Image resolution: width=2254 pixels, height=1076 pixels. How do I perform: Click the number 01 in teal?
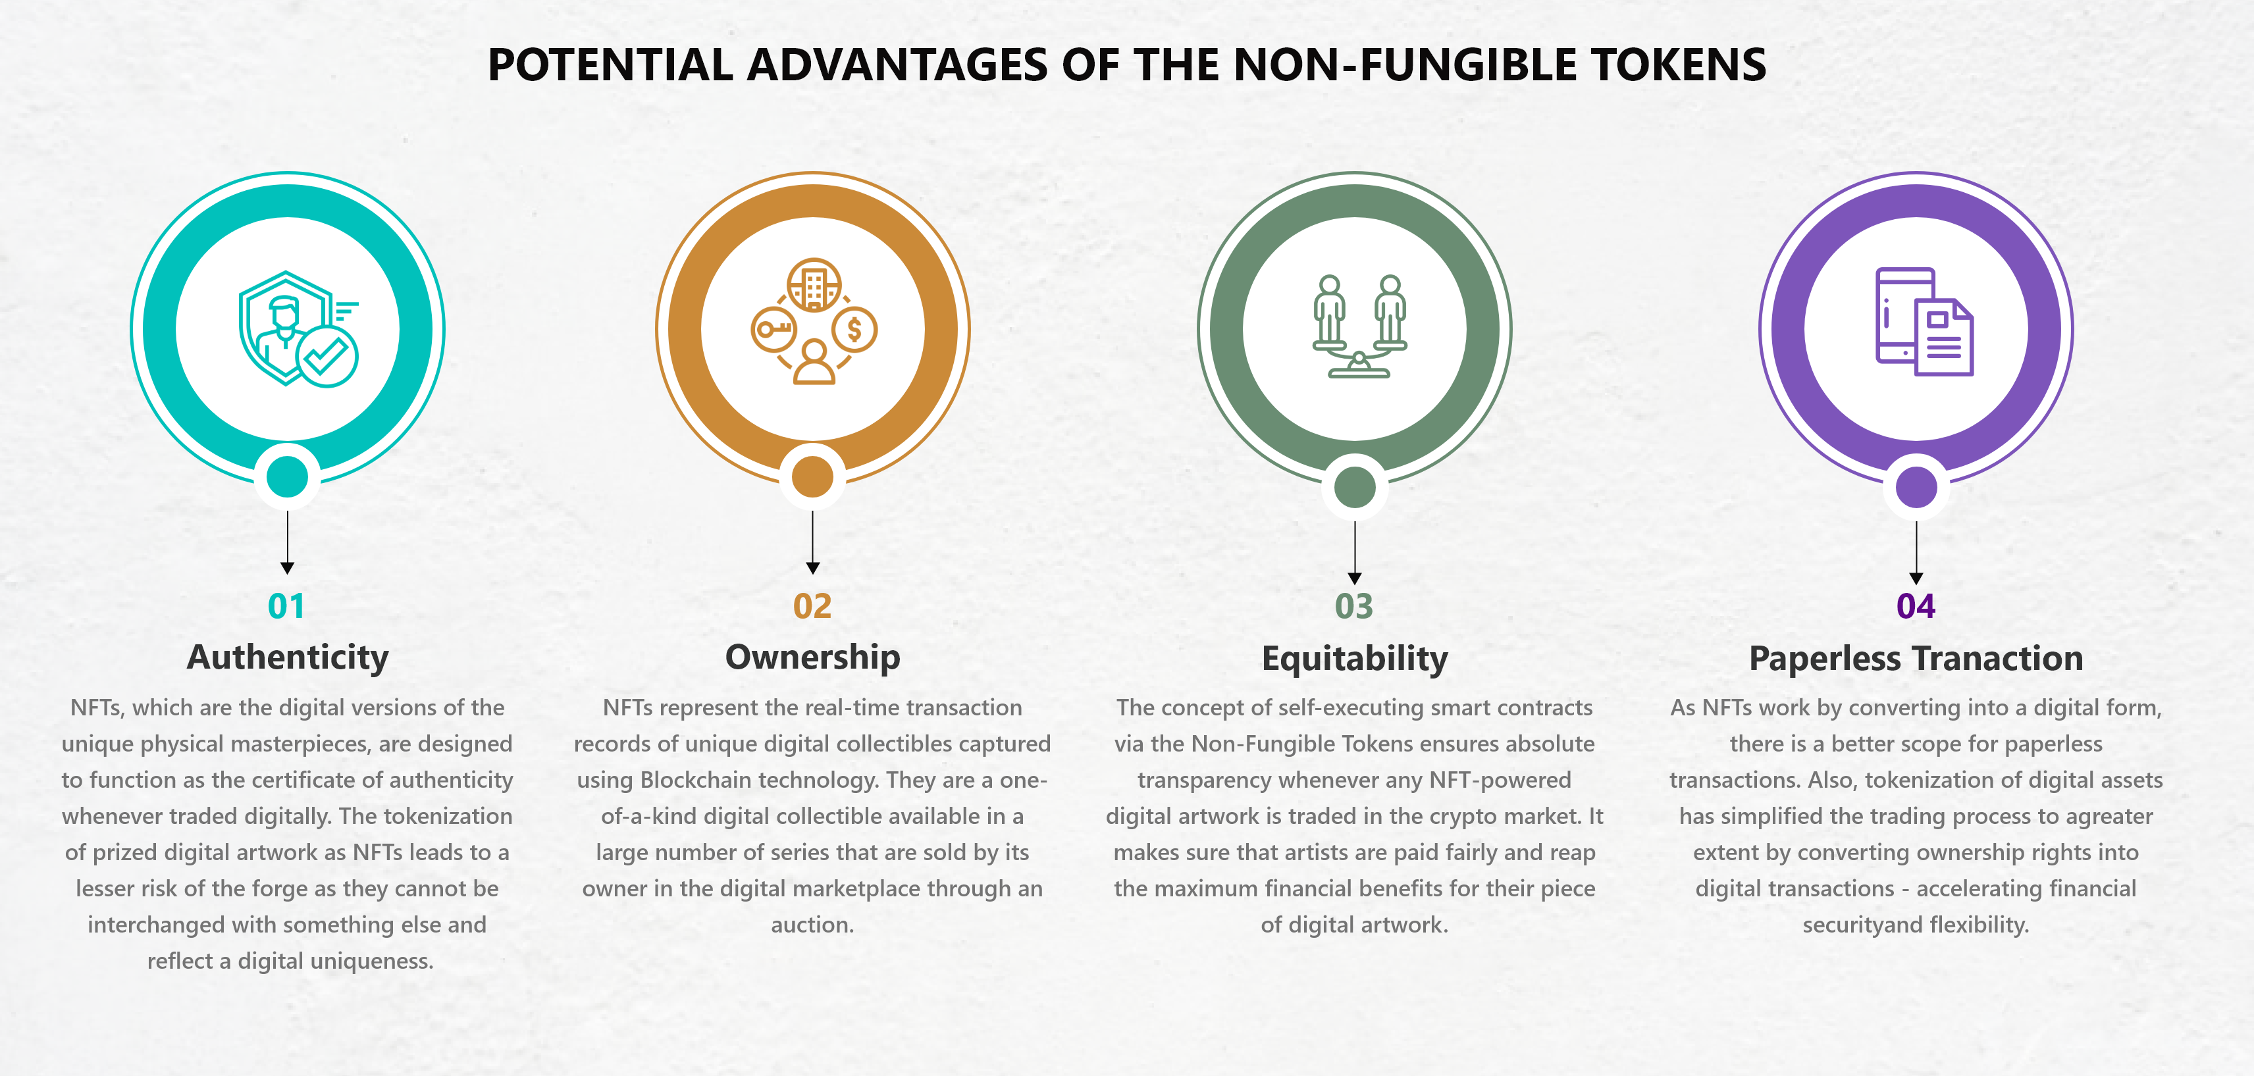pos(286,606)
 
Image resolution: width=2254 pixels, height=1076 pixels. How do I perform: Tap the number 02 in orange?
pos(812,606)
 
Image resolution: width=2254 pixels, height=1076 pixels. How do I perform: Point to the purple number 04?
pos(1916,606)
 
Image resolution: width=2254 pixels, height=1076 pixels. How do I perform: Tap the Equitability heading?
pos(1355,659)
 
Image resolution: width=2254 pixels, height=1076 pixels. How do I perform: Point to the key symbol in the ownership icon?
pos(773,330)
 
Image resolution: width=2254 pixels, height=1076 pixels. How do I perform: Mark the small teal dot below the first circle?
pos(287,476)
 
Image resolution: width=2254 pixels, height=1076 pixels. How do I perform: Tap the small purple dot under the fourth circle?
pos(1916,487)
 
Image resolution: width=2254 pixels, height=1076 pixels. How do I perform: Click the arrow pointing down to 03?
pos(1355,553)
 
